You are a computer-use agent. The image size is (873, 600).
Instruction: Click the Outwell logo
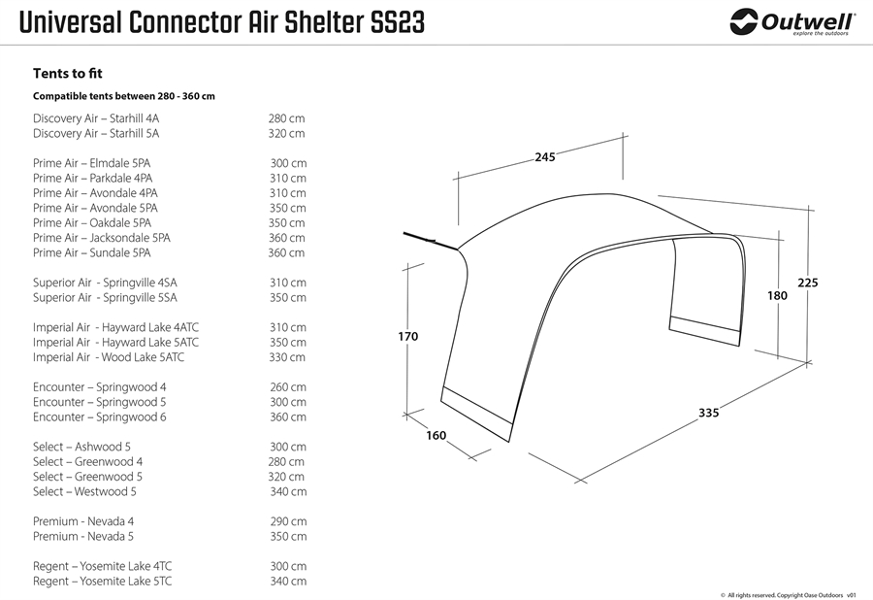click(792, 22)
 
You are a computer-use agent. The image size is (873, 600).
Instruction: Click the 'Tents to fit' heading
click(67, 74)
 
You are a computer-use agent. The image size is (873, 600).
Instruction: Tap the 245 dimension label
click(545, 157)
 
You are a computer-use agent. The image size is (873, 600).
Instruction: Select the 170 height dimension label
click(408, 337)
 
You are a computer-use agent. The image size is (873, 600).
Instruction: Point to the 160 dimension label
click(436, 436)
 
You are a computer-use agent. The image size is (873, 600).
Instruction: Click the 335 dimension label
click(709, 413)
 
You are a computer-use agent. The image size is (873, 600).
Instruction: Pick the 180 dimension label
click(777, 296)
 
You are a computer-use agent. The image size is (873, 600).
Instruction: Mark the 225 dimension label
click(808, 283)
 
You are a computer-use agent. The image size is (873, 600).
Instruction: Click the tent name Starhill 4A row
click(96, 118)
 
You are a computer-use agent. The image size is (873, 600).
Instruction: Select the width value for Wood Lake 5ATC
click(287, 357)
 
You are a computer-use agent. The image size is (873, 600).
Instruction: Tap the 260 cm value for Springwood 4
click(288, 387)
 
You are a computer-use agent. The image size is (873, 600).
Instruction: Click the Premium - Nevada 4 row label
click(83, 521)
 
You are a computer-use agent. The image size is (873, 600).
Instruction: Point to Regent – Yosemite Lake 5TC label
click(103, 581)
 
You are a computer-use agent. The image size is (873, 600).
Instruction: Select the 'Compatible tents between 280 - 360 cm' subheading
click(123, 96)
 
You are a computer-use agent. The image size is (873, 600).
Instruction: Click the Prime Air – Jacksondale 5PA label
click(101, 238)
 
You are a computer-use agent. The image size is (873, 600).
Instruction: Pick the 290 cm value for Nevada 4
click(288, 521)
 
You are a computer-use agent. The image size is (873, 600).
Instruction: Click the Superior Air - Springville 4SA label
click(105, 283)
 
